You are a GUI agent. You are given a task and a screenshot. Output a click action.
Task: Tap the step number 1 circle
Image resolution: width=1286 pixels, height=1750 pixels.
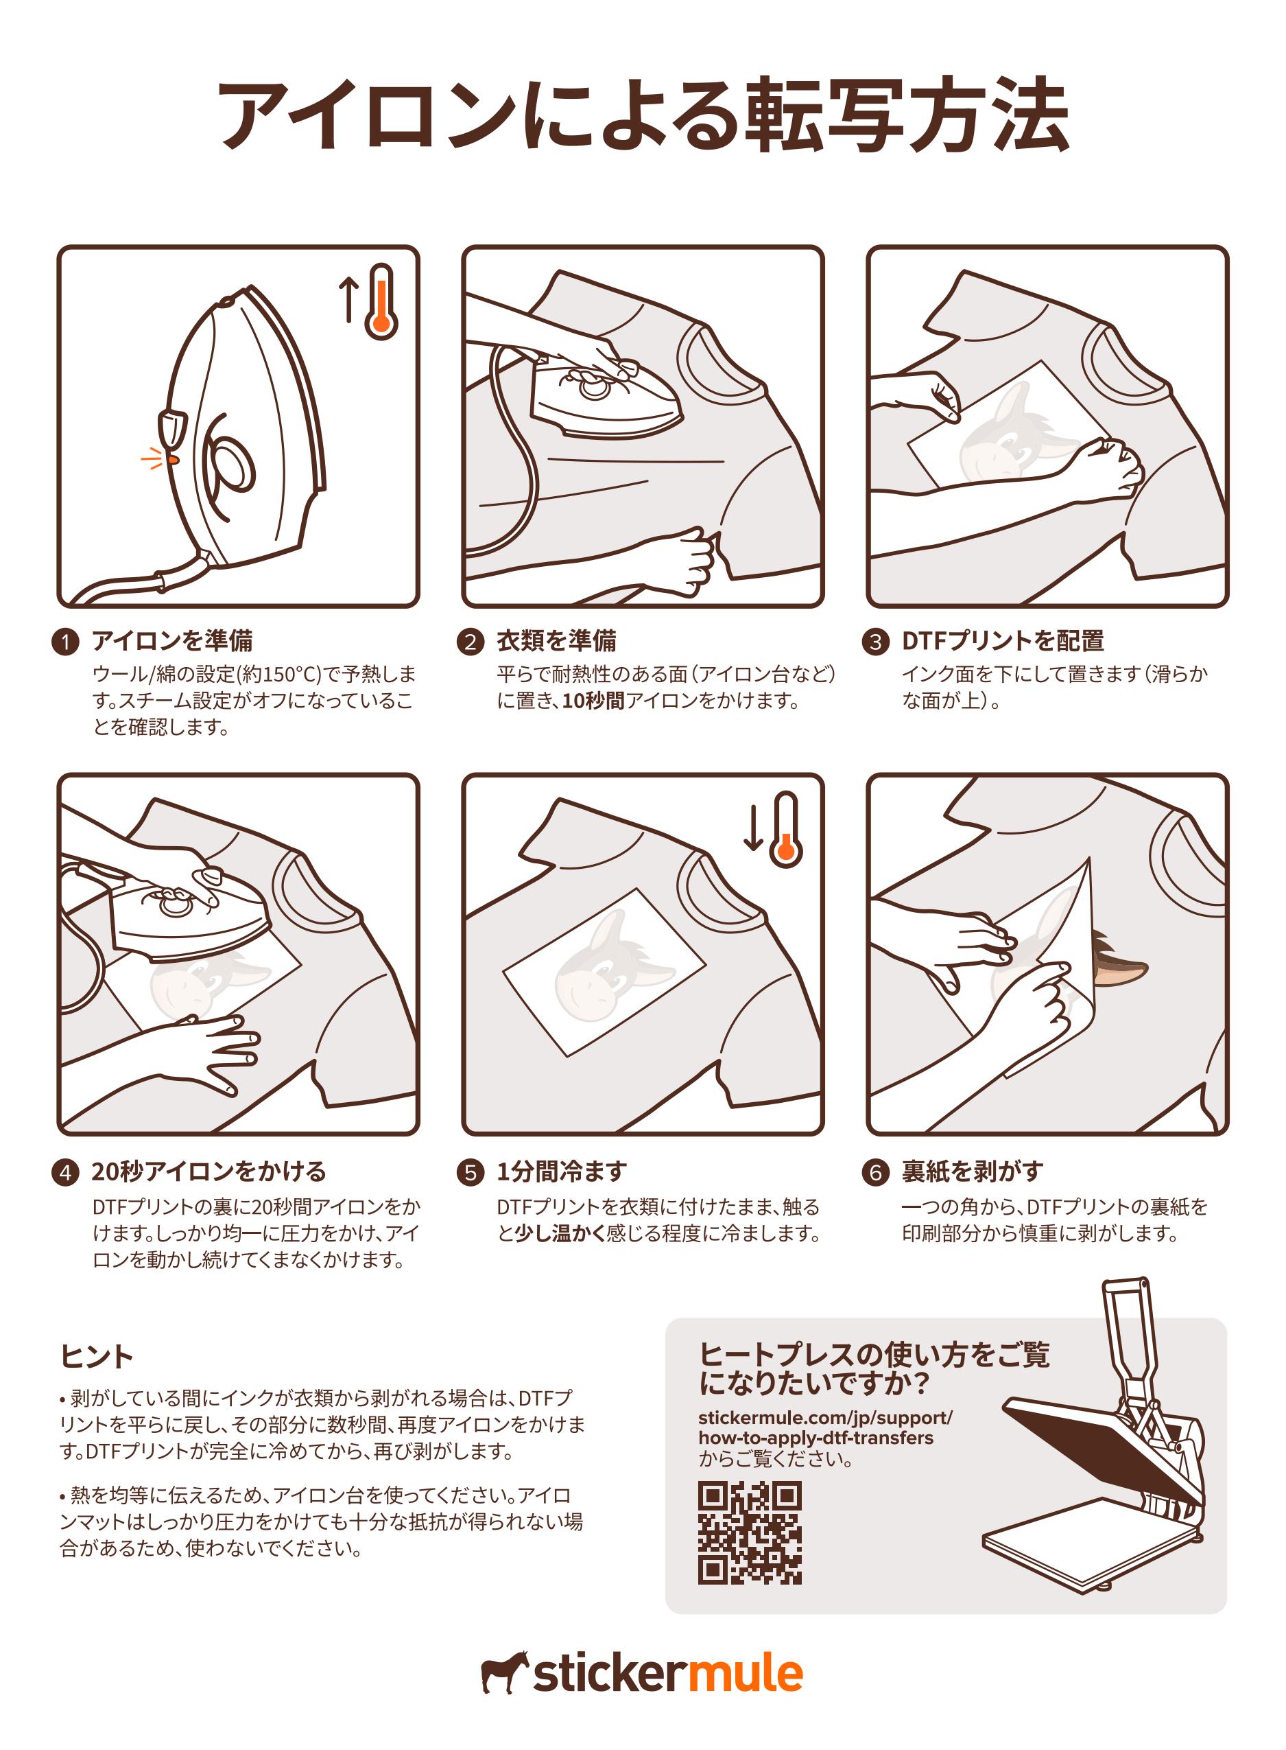[x=65, y=642]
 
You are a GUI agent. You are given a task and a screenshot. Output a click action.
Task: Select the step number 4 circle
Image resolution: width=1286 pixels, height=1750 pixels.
[x=65, y=1172]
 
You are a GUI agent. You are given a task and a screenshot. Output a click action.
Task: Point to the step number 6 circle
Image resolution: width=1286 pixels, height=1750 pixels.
[x=875, y=1172]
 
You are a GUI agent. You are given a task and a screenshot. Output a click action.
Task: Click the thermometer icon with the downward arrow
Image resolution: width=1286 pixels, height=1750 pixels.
[x=774, y=830]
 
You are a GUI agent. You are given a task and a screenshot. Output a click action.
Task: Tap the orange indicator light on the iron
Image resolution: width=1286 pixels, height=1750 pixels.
[x=173, y=460]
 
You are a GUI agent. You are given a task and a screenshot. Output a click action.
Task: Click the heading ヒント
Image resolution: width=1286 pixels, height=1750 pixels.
[x=97, y=1356]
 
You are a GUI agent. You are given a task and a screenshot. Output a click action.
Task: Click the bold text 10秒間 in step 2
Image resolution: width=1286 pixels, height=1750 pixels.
[x=593, y=701]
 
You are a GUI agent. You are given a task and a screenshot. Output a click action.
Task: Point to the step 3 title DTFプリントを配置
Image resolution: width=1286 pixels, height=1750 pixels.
[x=1003, y=641]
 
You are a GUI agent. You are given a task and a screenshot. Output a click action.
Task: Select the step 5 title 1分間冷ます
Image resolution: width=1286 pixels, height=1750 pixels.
[x=562, y=1171]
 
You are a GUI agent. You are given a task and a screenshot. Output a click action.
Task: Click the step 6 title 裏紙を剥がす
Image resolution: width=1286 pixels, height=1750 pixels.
[x=973, y=1171]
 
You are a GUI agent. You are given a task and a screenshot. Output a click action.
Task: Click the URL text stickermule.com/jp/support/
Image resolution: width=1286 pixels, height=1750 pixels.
[x=825, y=1417]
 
